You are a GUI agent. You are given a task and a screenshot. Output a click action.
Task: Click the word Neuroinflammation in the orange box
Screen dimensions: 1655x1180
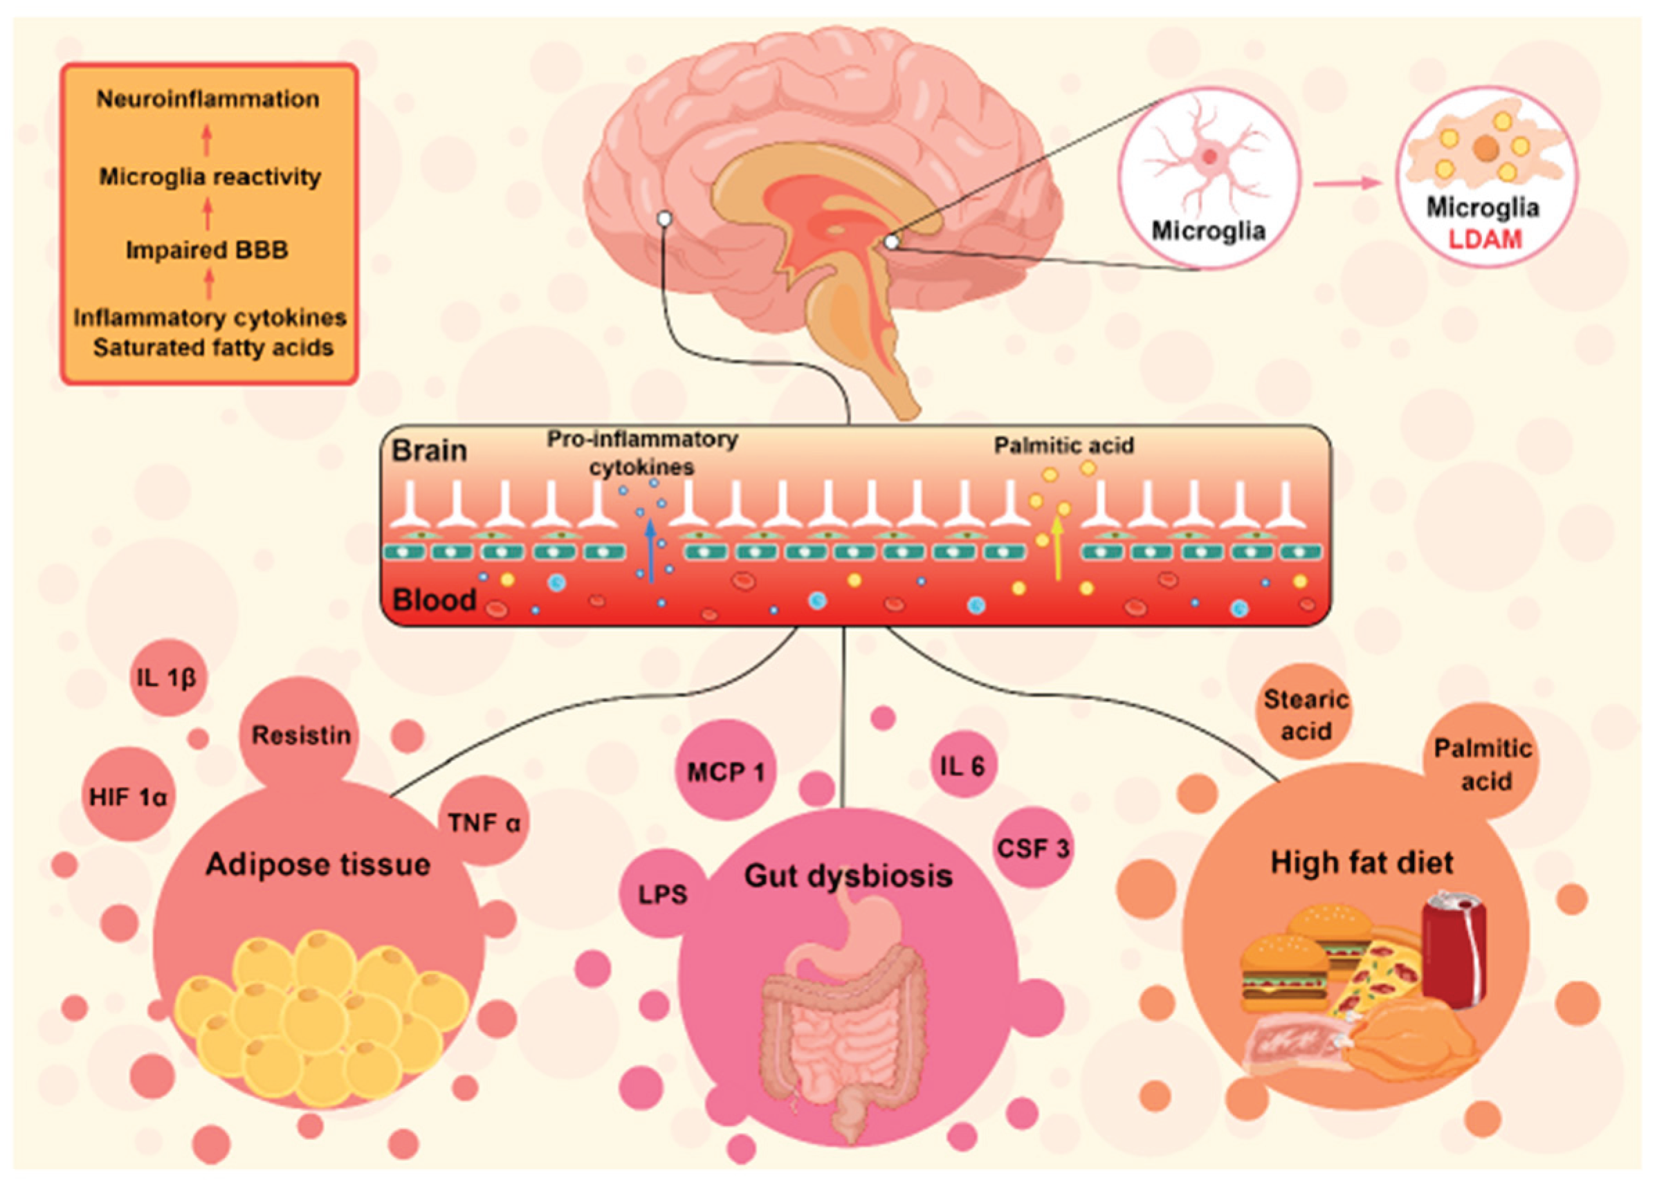(208, 99)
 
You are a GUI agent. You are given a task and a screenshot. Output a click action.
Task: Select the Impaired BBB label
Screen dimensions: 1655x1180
(207, 250)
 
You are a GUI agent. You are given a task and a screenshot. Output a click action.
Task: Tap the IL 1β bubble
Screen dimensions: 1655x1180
(168, 677)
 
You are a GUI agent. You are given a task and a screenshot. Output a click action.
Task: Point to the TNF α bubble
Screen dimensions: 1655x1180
(484, 822)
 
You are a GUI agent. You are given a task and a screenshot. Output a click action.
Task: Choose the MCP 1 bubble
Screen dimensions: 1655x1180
(726, 771)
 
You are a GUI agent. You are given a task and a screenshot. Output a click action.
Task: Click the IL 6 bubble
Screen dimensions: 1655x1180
(963, 765)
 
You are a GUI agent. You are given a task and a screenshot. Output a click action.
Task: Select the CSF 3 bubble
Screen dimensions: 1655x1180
(1033, 847)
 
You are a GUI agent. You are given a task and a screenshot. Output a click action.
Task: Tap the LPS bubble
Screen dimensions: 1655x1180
(663, 894)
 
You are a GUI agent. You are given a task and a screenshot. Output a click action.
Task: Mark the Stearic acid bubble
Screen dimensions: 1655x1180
(1306, 715)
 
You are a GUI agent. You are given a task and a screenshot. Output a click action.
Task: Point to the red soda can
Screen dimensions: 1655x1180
(1453, 951)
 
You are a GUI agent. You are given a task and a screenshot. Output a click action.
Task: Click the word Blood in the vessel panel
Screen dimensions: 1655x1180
(435, 600)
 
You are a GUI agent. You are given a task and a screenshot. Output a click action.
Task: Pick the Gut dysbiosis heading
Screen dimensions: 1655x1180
(848, 876)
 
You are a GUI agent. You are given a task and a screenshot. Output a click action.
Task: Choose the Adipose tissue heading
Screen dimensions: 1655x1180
(318, 865)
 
